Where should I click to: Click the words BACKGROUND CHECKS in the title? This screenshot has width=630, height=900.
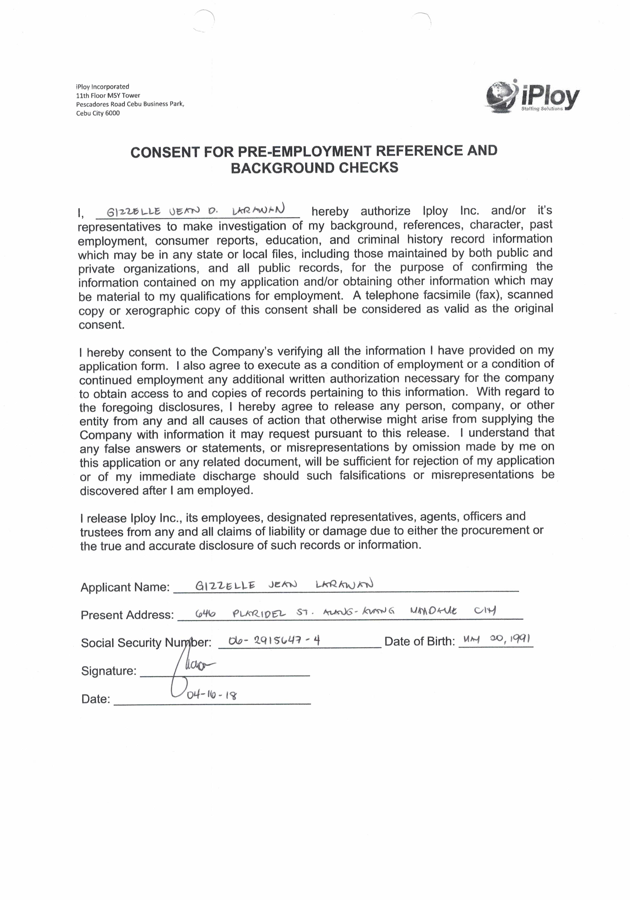[x=314, y=168]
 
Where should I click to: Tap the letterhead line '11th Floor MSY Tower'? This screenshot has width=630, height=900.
[x=108, y=95]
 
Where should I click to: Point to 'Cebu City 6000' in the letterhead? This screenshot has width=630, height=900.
[x=98, y=113]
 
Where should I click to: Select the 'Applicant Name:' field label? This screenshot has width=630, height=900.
[x=125, y=587]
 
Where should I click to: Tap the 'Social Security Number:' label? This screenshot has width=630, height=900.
[x=146, y=643]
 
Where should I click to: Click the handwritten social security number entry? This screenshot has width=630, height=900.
[x=274, y=641]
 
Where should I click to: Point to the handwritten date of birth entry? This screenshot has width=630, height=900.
[x=496, y=640]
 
